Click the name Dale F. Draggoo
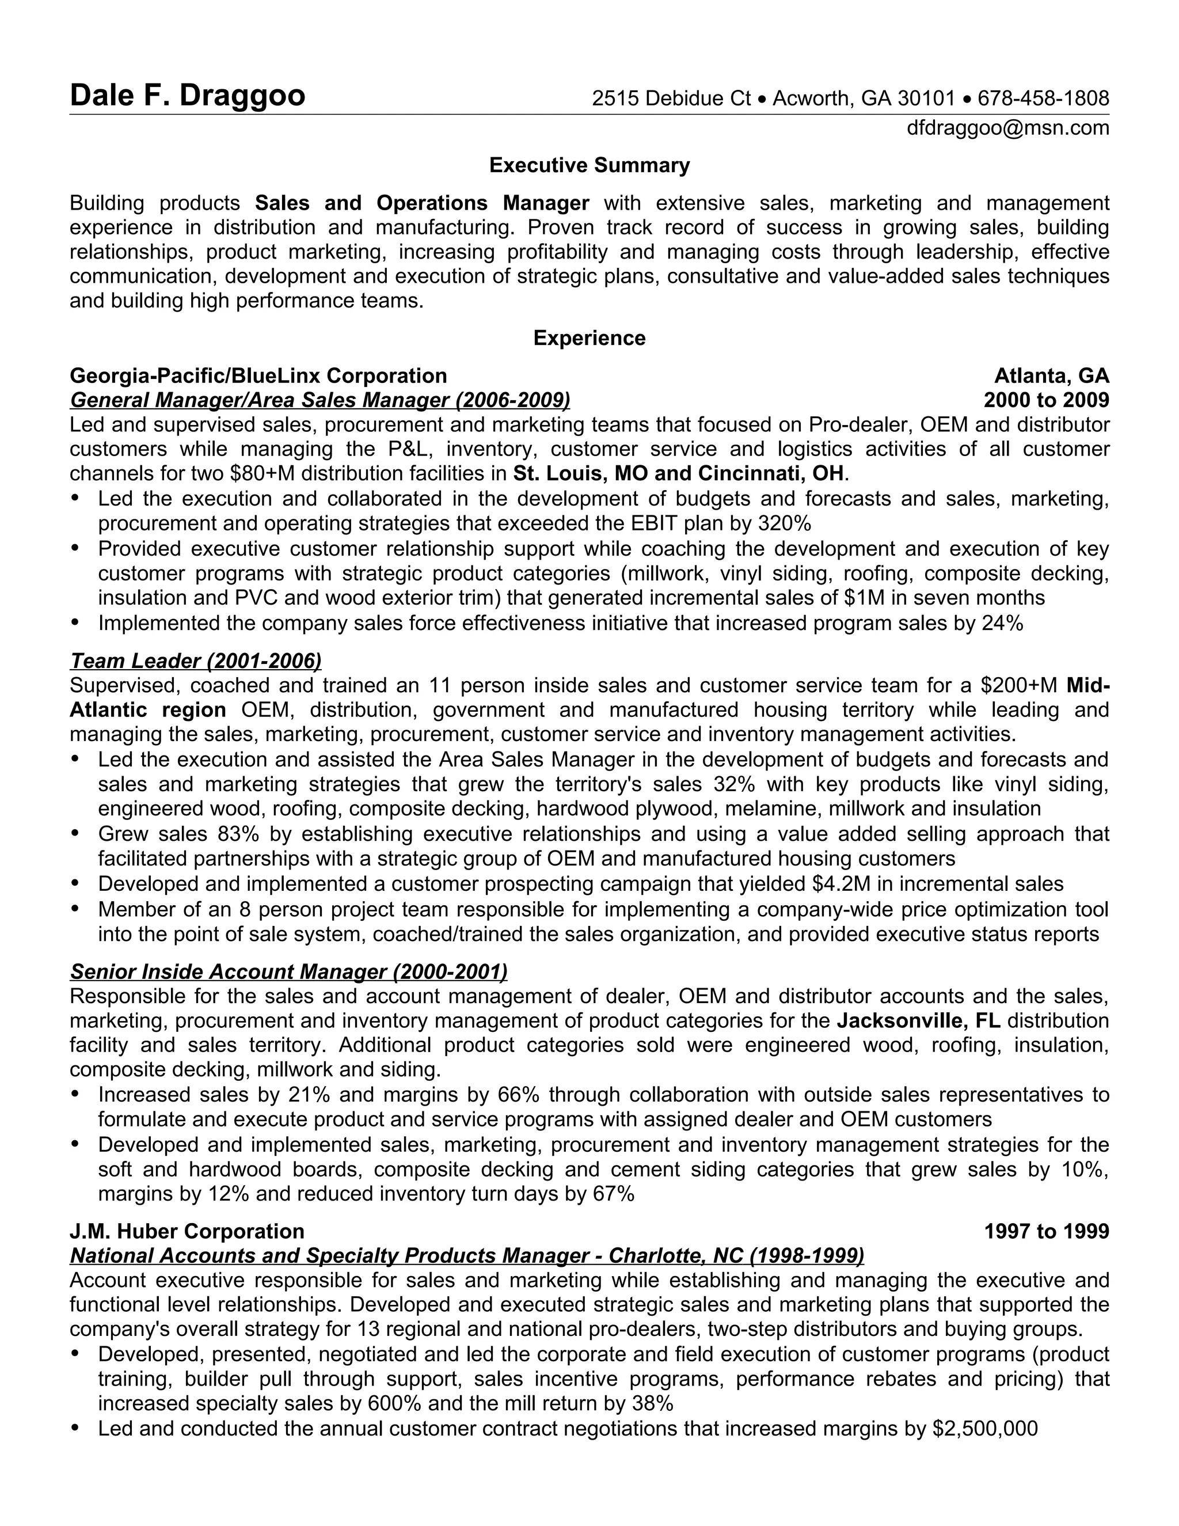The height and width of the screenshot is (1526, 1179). tap(187, 96)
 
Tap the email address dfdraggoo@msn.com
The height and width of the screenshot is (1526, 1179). tap(1007, 128)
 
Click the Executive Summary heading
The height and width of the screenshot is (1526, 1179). tap(589, 166)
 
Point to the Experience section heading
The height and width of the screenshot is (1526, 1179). tap(589, 338)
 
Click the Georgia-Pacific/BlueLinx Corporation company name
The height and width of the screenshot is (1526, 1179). tap(258, 376)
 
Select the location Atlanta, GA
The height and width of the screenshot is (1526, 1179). tap(1051, 376)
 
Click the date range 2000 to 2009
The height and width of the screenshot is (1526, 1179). tap(1045, 400)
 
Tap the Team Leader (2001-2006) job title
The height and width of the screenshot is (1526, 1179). tap(196, 660)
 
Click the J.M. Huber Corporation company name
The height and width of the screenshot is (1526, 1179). tap(187, 1231)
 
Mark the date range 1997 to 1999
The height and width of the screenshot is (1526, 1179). tap(1045, 1231)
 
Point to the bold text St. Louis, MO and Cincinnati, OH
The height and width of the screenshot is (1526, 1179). tap(679, 474)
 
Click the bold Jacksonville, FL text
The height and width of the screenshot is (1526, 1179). tap(918, 1021)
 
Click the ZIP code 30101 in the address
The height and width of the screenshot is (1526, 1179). tap(926, 98)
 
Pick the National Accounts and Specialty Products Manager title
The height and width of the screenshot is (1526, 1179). tap(466, 1255)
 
